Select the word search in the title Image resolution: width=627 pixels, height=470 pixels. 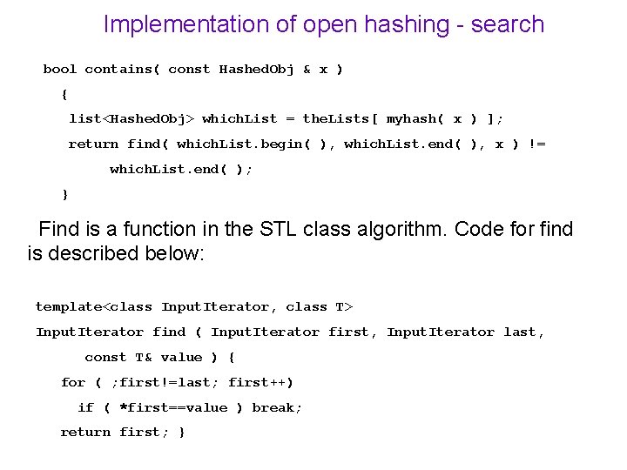click(508, 24)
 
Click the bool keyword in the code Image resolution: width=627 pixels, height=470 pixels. click(60, 69)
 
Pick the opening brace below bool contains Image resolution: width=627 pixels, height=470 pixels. click(64, 93)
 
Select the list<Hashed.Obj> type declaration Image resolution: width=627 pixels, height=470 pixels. click(131, 118)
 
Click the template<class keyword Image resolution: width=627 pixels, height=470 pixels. click(94, 306)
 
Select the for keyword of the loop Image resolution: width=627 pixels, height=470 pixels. click(73, 382)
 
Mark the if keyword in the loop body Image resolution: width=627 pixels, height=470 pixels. click(85, 407)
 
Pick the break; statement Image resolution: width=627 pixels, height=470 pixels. click(277, 407)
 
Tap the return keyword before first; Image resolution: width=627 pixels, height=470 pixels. click(85, 432)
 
